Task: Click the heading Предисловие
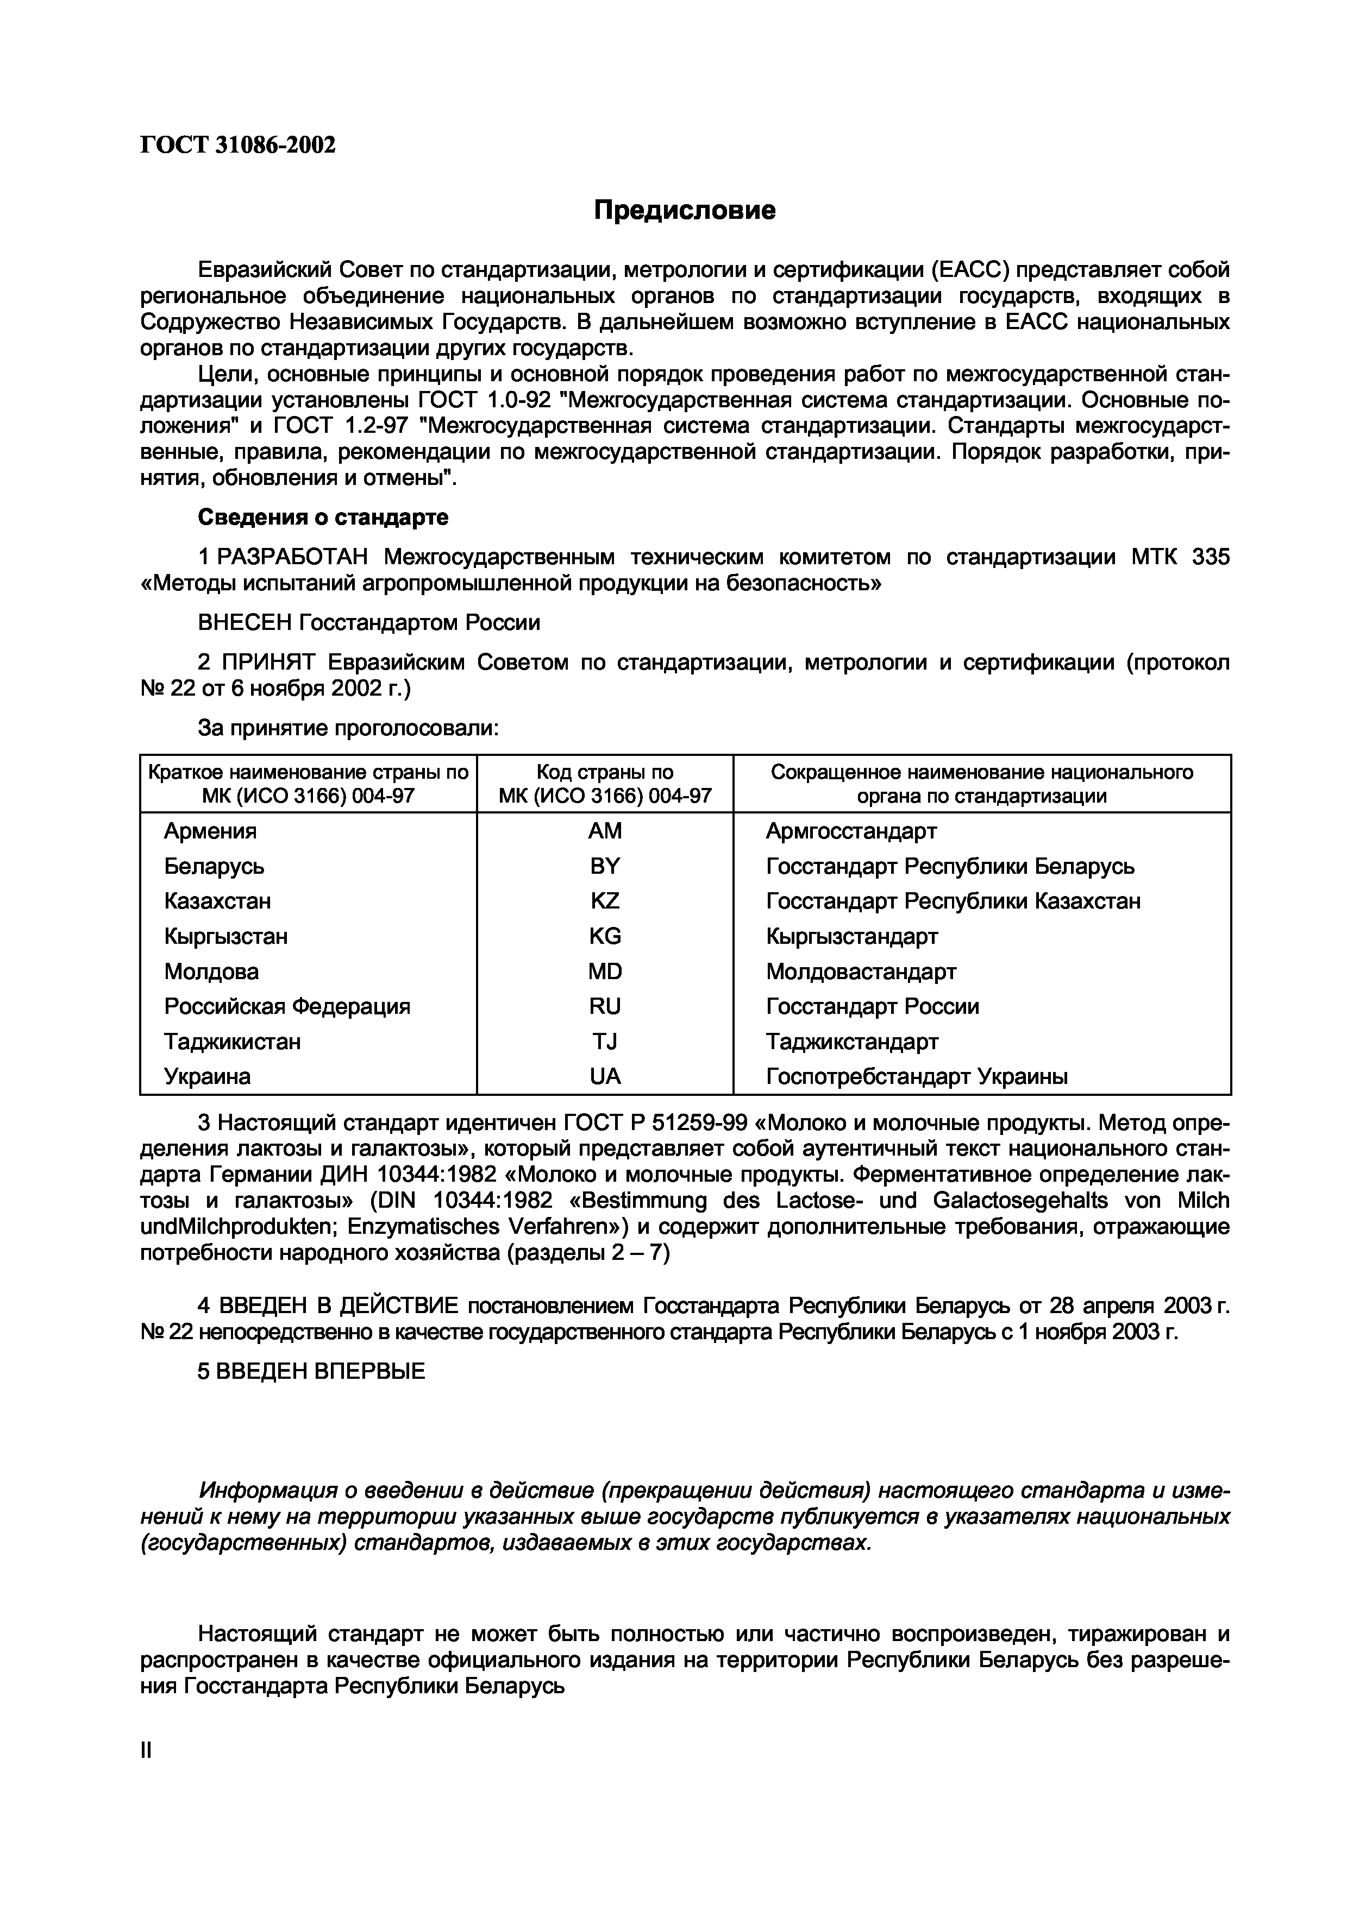[x=685, y=211]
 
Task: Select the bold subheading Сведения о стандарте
[x=323, y=518]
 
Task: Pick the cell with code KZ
[x=604, y=901]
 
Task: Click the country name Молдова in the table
[x=211, y=972]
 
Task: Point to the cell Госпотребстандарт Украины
[x=916, y=1077]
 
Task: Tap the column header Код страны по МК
[x=604, y=784]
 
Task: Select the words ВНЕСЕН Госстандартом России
[x=368, y=623]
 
